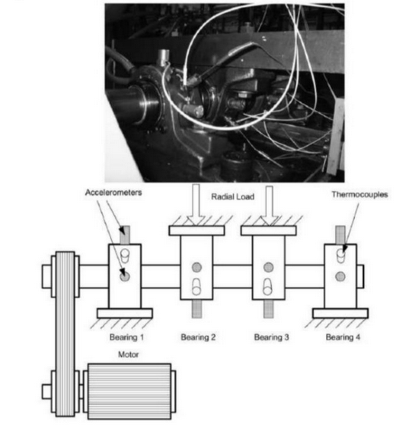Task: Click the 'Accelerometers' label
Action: (x=107, y=193)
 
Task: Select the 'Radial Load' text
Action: (x=233, y=197)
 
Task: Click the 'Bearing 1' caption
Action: (x=126, y=337)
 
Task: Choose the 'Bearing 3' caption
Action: (x=271, y=337)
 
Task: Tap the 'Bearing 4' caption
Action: (x=341, y=337)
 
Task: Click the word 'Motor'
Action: (x=129, y=355)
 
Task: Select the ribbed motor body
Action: (x=128, y=391)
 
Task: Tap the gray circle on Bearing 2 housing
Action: (x=196, y=267)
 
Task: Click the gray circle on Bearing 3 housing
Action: (x=268, y=267)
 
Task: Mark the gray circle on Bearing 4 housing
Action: (x=340, y=275)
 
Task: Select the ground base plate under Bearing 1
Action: (x=125, y=313)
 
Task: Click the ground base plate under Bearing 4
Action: (x=340, y=313)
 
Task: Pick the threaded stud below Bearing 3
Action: (x=269, y=307)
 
